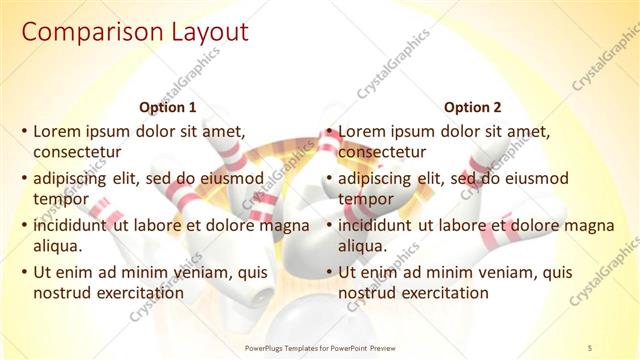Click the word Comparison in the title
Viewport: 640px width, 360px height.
82,33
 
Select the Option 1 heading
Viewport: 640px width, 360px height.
167,107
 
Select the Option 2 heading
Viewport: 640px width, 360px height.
472,107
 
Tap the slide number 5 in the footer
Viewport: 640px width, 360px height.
589,347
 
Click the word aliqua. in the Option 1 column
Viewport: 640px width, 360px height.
58,246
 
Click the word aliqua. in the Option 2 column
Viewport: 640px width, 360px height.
363,246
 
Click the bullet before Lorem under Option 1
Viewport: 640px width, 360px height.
24,131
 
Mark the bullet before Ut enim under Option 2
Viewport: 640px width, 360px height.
329,272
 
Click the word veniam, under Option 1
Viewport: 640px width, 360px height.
206,271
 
